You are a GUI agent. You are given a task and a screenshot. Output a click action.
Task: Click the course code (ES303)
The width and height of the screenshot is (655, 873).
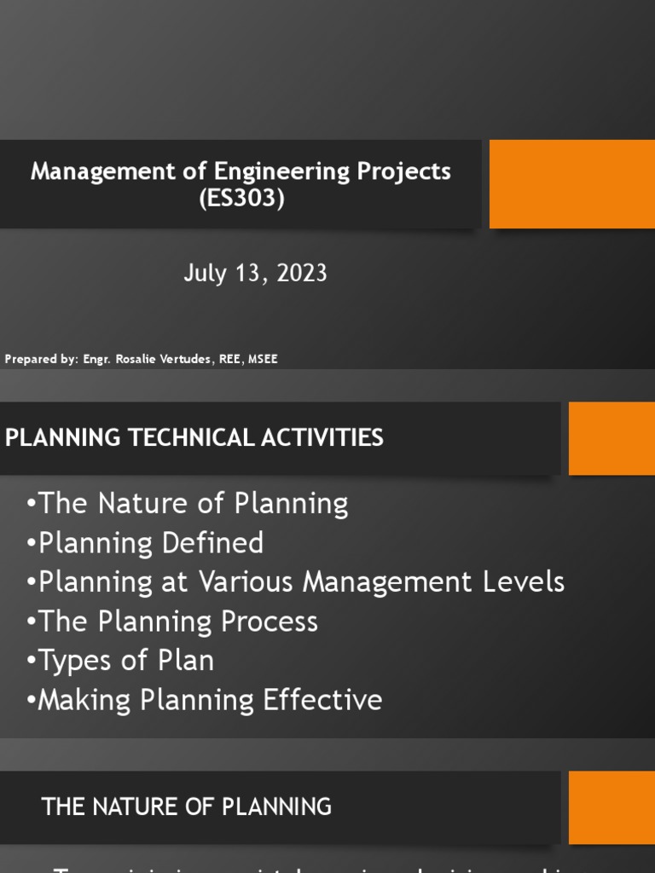(241, 199)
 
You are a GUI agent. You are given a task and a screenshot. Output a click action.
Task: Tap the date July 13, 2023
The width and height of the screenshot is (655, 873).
(255, 273)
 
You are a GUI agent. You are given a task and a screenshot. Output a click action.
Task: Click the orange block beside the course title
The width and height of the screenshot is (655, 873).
(571, 184)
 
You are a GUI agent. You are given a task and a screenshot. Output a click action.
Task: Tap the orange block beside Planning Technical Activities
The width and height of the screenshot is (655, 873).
(611, 438)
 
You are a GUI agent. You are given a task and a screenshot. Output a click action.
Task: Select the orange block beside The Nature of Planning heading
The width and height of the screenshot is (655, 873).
(611, 807)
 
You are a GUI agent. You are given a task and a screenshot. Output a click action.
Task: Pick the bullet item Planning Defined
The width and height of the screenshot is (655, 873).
(145, 543)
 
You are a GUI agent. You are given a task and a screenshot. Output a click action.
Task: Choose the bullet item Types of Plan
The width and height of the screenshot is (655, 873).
(120, 661)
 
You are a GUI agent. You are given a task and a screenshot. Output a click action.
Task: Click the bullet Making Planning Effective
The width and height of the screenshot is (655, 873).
(205, 700)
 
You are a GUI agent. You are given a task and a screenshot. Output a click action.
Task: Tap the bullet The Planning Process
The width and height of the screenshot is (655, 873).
(172, 622)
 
